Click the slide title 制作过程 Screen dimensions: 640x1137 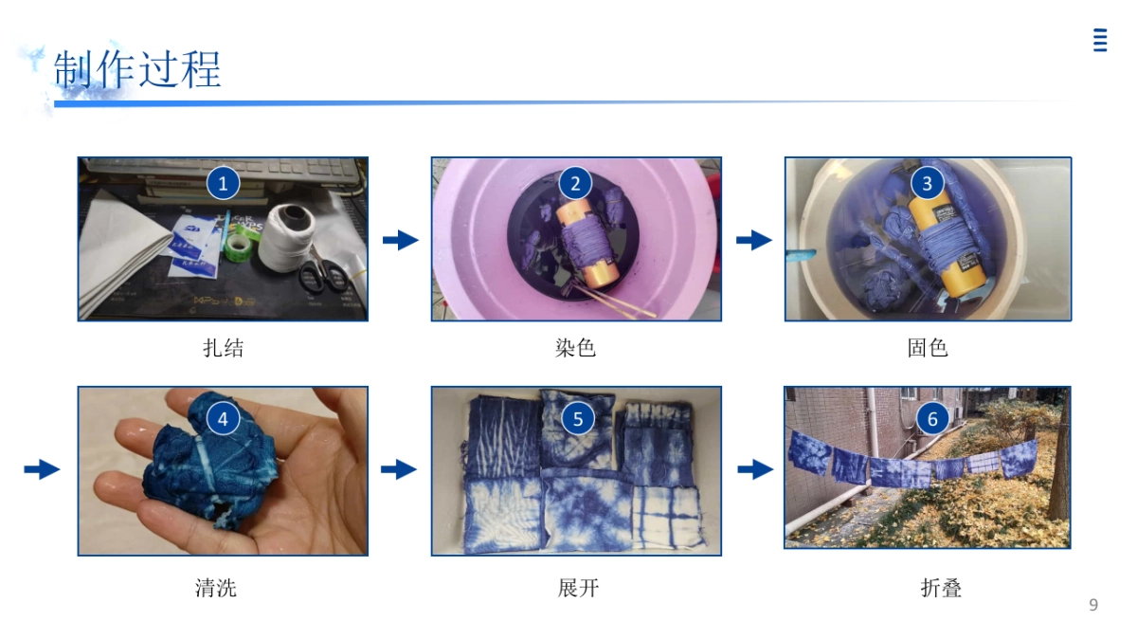point(138,69)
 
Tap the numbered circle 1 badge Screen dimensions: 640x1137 point(223,183)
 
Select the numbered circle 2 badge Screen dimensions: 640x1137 point(575,183)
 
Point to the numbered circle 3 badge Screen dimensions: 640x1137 point(928,183)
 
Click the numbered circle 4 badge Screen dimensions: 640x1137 point(223,418)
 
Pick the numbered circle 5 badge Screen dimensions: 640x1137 point(577,418)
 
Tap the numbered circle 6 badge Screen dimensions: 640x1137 point(932,418)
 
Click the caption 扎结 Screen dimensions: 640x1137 point(223,348)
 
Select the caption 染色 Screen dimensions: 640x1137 point(575,348)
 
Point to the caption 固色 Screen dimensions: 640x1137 point(928,348)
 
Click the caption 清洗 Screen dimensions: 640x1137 point(215,588)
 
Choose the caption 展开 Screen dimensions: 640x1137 point(578,588)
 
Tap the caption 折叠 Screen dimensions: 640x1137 point(941,588)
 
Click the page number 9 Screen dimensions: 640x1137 point(1093,605)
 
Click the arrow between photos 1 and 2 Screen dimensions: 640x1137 point(400,240)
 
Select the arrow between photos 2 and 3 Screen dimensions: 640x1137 point(753,240)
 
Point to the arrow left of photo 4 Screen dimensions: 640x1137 point(42,469)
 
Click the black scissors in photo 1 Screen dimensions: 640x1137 point(323,276)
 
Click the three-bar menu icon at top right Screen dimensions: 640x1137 point(1100,40)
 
